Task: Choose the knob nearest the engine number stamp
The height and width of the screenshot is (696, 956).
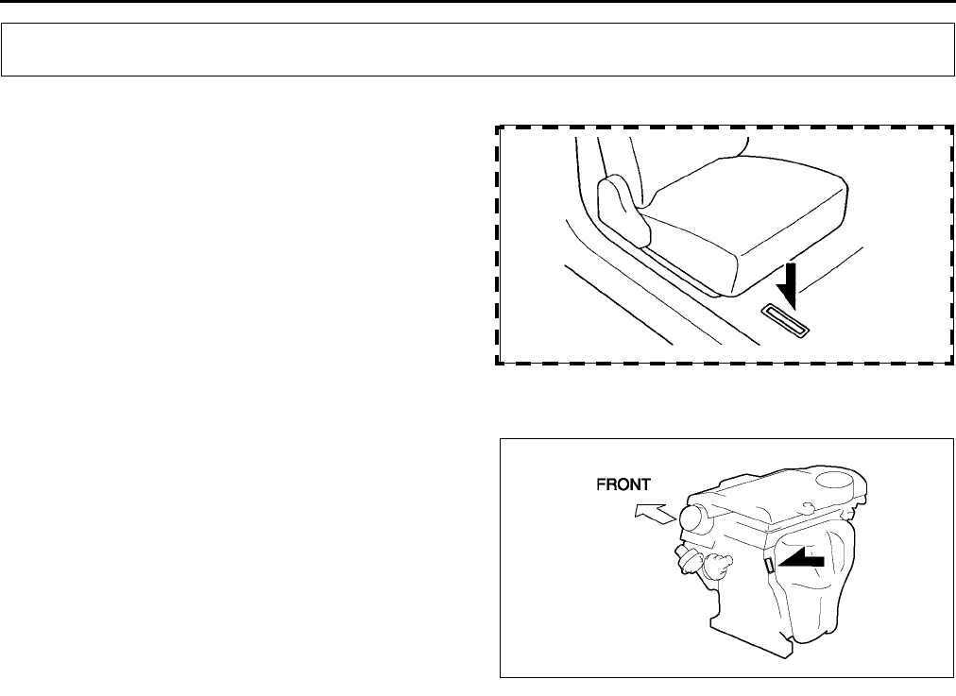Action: [x=715, y=566]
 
